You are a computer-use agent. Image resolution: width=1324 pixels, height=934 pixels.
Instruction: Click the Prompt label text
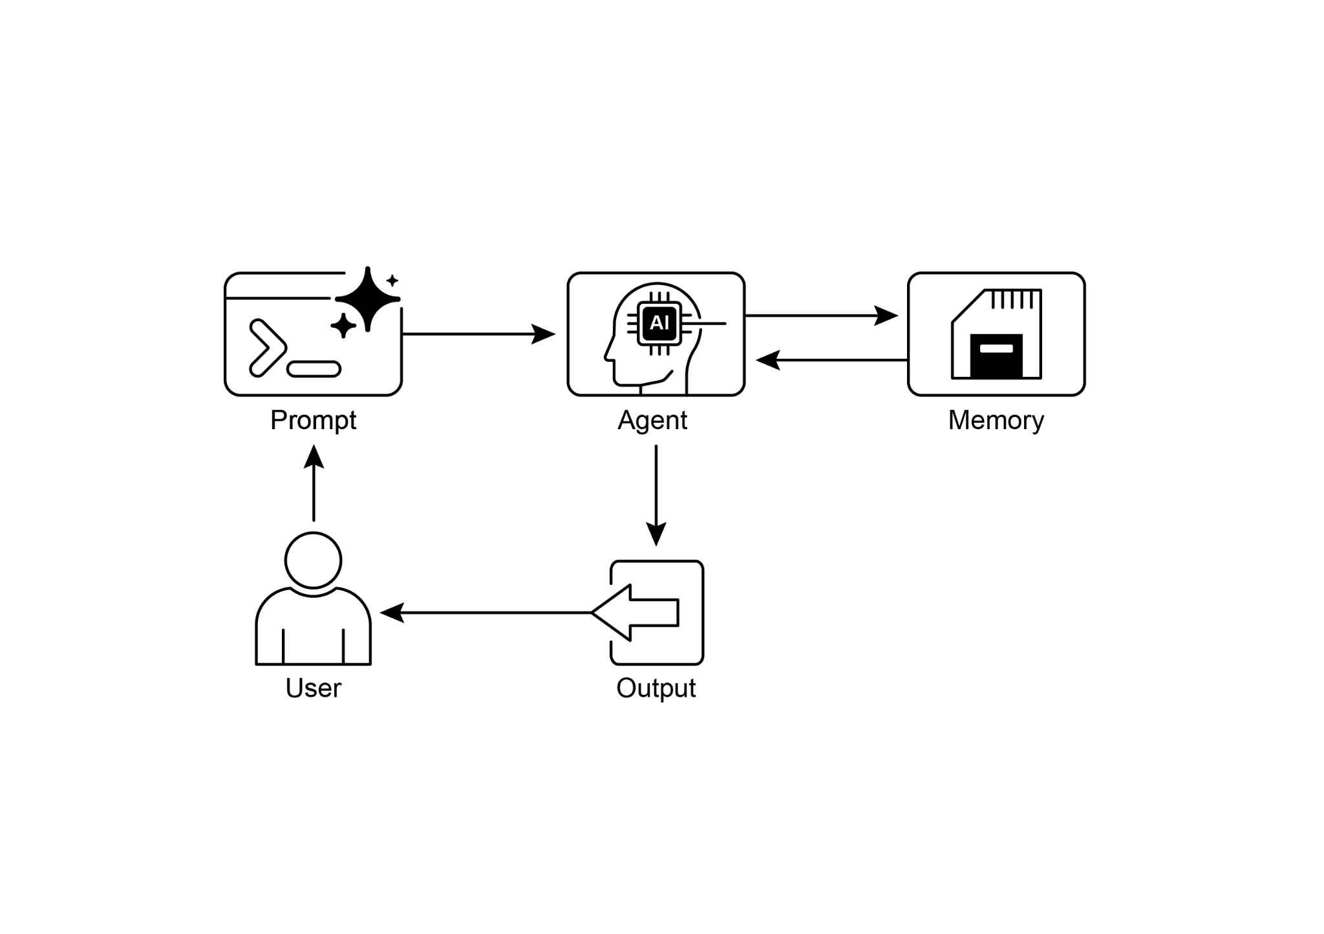[x=313, y=421]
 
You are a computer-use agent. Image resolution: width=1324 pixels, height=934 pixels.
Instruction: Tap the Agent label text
[x=652, y=421]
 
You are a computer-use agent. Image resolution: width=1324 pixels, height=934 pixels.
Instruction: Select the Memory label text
[x=996, y=421]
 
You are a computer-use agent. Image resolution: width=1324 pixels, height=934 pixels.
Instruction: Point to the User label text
[x=313, y=688]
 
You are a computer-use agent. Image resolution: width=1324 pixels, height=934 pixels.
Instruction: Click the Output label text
[x=656, y=688]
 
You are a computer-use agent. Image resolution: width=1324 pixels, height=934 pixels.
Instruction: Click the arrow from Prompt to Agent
[x=478, y=334]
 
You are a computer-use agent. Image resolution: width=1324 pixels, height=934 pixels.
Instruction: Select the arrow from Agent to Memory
[x=821, y=315]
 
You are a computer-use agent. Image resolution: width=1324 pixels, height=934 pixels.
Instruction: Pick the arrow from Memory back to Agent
[x=831, y=360]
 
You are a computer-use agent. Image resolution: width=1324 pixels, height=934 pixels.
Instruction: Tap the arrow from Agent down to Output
[x=656, y=494]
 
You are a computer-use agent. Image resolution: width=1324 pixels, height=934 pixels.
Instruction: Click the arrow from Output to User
[x=485, y=612]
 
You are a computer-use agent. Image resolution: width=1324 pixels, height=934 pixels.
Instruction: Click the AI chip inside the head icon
[x=659, y=323]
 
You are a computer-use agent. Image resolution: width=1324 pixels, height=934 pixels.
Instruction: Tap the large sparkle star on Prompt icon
[x=368, y=299]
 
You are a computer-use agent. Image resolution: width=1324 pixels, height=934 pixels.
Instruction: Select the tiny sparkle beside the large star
[x=392, y=281]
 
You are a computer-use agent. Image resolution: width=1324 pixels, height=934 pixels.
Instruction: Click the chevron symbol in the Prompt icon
[x=266, y=348]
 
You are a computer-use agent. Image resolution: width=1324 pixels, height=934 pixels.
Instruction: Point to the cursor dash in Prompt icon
[x=314, y=369]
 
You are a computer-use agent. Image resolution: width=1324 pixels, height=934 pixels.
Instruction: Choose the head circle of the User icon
[x=313, y=560]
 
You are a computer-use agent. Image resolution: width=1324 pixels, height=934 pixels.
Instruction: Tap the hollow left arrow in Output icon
[x=637, y=612]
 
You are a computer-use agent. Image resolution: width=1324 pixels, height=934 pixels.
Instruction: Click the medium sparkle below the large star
[x=343, y=325]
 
